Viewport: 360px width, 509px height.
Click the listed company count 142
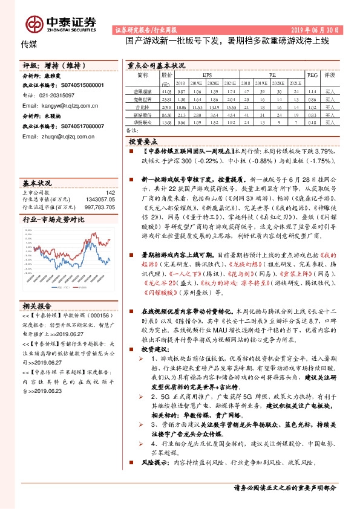pos(110,192)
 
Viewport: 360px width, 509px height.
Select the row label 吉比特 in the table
pos(142,106)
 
